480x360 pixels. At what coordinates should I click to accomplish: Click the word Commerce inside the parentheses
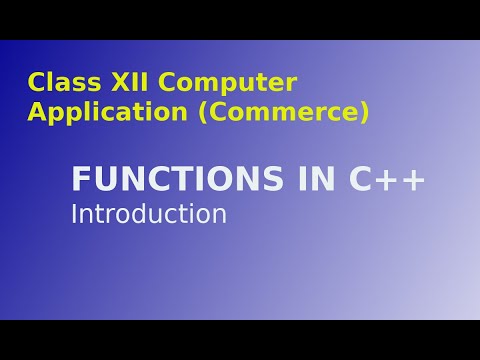(x=284, y=112)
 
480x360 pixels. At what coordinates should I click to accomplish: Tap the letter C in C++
(x=362, y=180)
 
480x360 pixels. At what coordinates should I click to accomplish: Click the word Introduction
(x=149, y=214)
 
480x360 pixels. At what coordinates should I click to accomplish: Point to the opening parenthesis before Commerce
(x=205, y=113)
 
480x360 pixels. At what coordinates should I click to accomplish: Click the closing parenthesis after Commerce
(x=364, y=113)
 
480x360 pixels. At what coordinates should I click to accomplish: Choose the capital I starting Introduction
(x=74, y=214)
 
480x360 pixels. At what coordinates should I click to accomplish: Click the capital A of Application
(x=38, y=112)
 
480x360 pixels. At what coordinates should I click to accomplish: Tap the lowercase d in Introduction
(x=133, y=214)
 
